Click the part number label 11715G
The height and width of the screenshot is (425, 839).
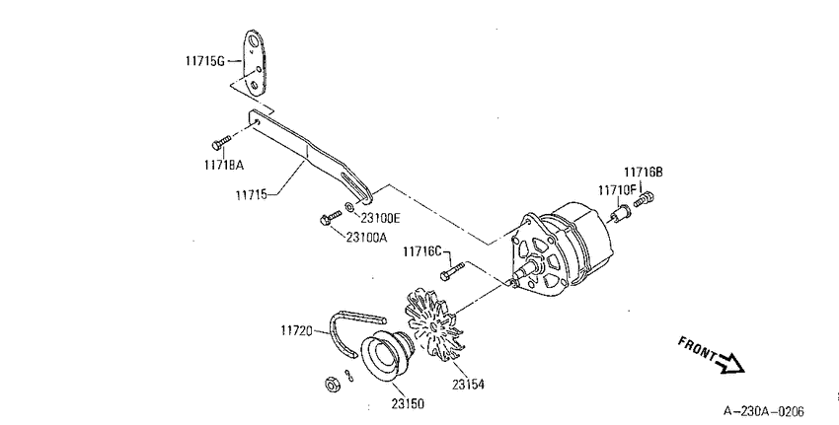[205, 61]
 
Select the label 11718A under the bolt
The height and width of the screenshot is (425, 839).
[223, 165]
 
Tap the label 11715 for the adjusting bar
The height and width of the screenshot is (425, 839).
[251, 194]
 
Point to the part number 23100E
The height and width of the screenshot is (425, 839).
[380, 218]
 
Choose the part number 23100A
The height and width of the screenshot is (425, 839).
[366, 237]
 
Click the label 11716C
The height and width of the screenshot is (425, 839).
[422, 250]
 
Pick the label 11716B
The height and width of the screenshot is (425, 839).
[644, 173]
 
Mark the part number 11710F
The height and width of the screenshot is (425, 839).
[618, 189]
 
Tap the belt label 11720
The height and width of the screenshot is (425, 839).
[296, 330]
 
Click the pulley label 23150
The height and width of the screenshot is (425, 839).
[408, 403]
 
